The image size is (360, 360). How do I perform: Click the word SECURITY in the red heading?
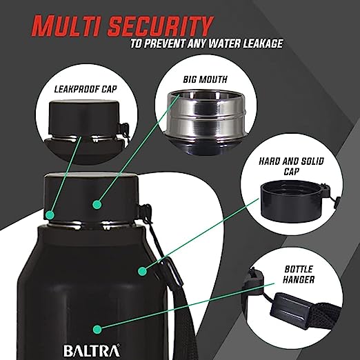click(x=159, y=26)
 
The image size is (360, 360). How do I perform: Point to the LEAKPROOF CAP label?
click(x=86, y=89)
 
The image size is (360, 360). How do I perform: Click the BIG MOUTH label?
click(x=205, y=79)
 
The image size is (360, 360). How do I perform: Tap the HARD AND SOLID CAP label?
click(x=291, y=166)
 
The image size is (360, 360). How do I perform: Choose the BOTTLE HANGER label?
click(x=299, y=274)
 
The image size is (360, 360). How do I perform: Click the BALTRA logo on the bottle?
click(x=92, y=351)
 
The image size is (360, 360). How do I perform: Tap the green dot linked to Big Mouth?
click(x=97, y=204)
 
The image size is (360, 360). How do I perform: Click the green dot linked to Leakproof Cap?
click(x=50, y=215)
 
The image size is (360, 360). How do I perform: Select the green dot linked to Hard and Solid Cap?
click(x=143, y=271)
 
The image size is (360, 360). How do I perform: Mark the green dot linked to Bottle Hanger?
click(x=97, y=329)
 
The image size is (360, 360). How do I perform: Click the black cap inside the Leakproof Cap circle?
click(x=84, y=117)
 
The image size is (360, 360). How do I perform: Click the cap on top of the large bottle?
click(x=92, y=198)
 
